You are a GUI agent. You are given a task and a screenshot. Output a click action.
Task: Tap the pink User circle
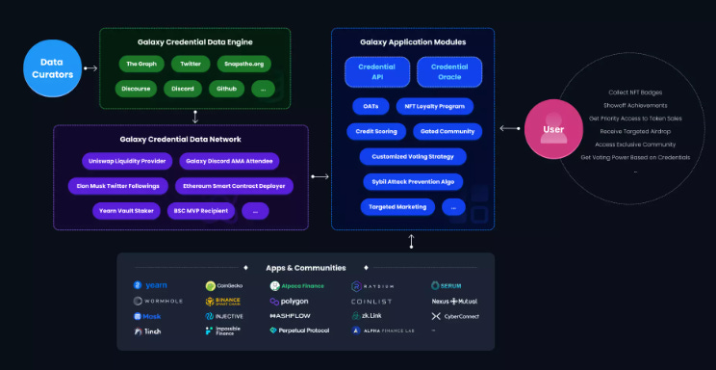(x=553, y=129)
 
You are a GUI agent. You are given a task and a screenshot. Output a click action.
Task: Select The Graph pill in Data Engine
(x=140, y=64)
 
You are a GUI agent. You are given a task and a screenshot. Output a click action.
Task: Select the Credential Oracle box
(x=449, y=71)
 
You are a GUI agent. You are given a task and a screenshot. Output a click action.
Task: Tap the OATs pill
(x=371, y=106)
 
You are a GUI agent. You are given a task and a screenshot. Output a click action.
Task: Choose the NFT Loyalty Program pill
(x=440, y=106)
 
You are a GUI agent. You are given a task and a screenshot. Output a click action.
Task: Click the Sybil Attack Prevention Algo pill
(x=413, y=181)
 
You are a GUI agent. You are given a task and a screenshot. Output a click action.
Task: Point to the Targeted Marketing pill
(x=397, y=206)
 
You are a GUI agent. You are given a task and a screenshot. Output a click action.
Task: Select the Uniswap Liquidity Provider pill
(x=125, y=160)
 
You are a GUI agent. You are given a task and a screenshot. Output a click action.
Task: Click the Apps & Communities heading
(x=305, y=267)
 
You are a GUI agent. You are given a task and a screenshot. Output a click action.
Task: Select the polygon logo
(x=289, y=301)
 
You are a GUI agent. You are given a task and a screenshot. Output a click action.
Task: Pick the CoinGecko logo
(x=224, y=286)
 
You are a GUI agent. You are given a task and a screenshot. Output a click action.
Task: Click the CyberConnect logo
(x=457, y=315)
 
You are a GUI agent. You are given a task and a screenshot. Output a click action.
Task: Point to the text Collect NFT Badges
(x=635, y=92)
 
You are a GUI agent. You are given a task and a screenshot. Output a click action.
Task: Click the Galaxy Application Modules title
(x=413, y=42)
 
